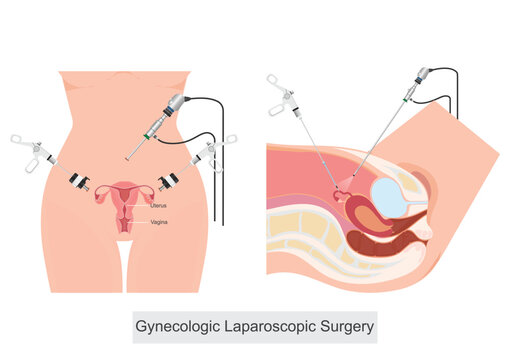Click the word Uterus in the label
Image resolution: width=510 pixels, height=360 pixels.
click(158, 204)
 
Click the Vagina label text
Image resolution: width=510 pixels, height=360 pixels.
click(158, 221)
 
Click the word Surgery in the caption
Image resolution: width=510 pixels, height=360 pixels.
click(344, 325)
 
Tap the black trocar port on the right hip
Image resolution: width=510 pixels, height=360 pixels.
click(168, 181)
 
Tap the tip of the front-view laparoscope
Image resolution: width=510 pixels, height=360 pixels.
click(128, 157)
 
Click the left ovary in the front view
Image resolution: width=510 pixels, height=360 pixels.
click(102, 197)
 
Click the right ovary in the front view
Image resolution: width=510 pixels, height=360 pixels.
click(148, 197)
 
